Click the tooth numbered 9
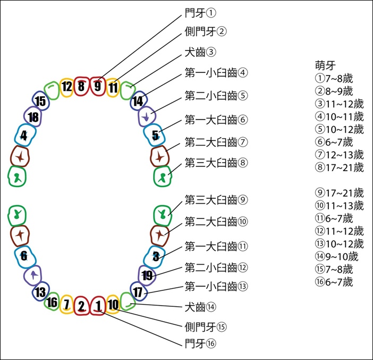(x=98, y=86)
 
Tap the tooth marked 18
(x=33, y=116)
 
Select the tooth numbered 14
(x=139, y=101)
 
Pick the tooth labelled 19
(x=147, y=275)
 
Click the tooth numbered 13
(x=41, y=291)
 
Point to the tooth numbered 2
(x=82, y=306)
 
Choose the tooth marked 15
(x=41, y=101)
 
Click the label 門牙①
(x=200, y=13)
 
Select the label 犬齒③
(x=200, y=52)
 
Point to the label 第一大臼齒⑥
(x=216, y=120)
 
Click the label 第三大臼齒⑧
(x=216, y=163)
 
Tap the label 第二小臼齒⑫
(x=216, y=267)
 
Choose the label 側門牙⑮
(x=206, y=327)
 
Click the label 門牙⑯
(x=200, y=344)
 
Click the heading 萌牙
(x=325, y=65)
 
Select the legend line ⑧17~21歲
(x=340, y=168)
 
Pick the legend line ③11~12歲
(x=340, y=104)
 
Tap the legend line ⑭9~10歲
(x=337, y=256)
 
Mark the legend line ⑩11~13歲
(x=340, y=205)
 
